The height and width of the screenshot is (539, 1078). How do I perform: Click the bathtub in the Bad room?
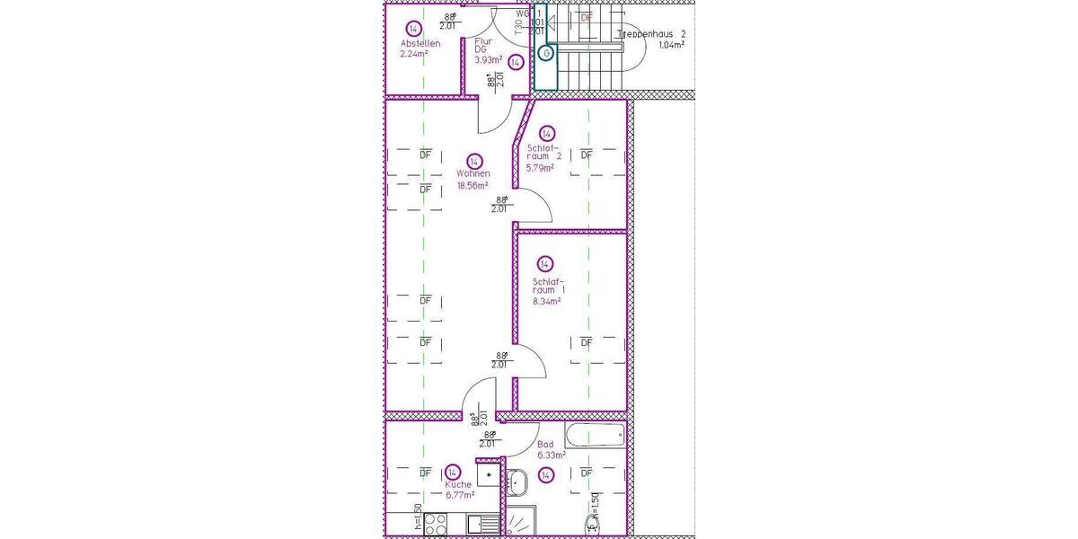[594, 436]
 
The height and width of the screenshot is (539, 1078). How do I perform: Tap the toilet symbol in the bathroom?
[593, 526]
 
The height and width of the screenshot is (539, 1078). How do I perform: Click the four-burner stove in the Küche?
[436, 523]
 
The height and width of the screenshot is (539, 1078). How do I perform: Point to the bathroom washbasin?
[517, 482]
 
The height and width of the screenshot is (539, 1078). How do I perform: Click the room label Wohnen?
[473, 173]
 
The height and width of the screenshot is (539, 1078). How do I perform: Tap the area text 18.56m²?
[472, 186]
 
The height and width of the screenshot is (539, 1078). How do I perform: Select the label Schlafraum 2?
[544, 152]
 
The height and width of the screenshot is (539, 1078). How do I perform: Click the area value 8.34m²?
[546, 302]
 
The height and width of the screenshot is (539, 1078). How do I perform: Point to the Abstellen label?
[420, 43]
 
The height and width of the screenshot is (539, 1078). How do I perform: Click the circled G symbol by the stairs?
[545, 54]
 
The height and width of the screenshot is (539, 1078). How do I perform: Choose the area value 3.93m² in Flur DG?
[489, 60]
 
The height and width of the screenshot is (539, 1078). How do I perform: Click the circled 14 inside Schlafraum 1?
[544, 263]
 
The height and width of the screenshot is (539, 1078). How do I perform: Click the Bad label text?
[545, 444]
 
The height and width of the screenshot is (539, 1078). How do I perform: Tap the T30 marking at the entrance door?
[518, 27]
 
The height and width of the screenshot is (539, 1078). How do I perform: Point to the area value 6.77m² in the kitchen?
[459, 494]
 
